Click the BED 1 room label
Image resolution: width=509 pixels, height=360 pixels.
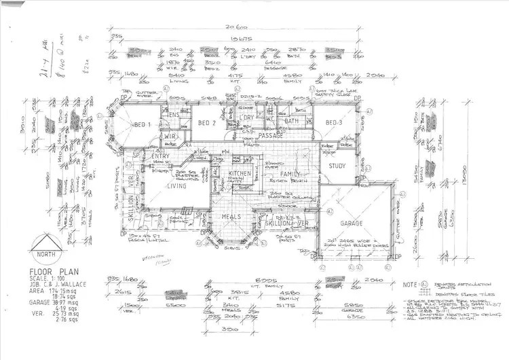click(141, 124)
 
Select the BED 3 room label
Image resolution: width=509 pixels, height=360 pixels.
click(333, 122)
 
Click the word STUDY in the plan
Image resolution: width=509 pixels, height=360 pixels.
click(337, 166)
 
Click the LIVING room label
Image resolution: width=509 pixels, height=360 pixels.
click(177, 185)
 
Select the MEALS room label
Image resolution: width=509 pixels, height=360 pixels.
click(231, 217)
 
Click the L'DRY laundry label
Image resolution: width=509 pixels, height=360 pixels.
click(246, 118)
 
